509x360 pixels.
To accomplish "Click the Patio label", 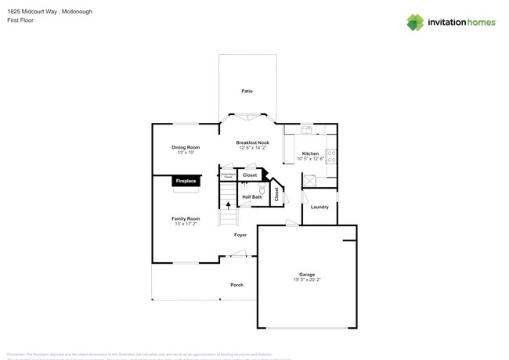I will (x=247, y=92).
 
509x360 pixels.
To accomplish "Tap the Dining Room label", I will (x=186, y=147).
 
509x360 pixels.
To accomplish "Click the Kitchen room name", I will (x=310, y=153).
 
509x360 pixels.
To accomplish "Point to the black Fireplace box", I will (x=186, y=181).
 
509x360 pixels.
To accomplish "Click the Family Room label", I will (x=186, y=218).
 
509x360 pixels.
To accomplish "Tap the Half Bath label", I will (x=251, y=196).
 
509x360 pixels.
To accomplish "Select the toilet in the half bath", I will (x=262, y=189).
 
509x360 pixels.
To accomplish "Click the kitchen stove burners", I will (x=331, y=155).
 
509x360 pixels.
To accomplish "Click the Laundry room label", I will (x=319, y=207).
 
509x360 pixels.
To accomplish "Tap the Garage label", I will (x=307, y=274).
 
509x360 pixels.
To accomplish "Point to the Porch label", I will (x=236, y=285).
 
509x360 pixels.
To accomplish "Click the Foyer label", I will (x=240, y=235).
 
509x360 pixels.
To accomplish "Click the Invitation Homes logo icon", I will (x=415, y=22).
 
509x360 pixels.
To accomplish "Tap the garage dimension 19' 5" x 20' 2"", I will (x=307, y=279).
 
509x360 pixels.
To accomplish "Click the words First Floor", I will (x=17, y=20).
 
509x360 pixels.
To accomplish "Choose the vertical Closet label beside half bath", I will (x=276, y=193).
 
